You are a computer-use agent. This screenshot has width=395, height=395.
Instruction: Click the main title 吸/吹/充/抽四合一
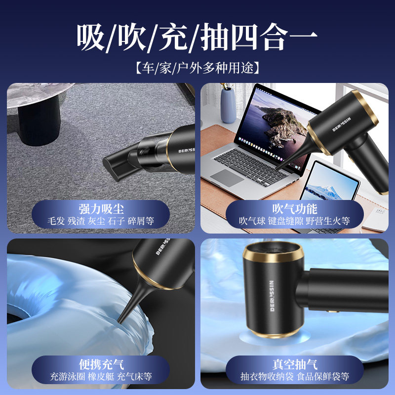point(197,38)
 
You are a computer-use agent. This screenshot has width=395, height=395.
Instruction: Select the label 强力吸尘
point(101,208)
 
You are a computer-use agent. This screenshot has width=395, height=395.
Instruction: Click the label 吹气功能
point(294,208)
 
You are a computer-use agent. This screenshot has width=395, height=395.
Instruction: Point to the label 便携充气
point(101,364)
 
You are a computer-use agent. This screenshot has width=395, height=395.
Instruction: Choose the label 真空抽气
point(294,364)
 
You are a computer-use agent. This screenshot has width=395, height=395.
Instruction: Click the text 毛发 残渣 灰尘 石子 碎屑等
point(101,221)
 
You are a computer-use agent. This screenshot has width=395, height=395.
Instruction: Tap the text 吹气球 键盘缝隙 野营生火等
point(294,221)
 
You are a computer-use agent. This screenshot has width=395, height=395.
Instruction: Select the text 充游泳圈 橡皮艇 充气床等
point(101,377)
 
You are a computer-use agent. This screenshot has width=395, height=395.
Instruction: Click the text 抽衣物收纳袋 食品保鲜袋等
point(294,377)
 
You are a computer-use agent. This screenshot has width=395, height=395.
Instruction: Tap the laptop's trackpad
point(228,177)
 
